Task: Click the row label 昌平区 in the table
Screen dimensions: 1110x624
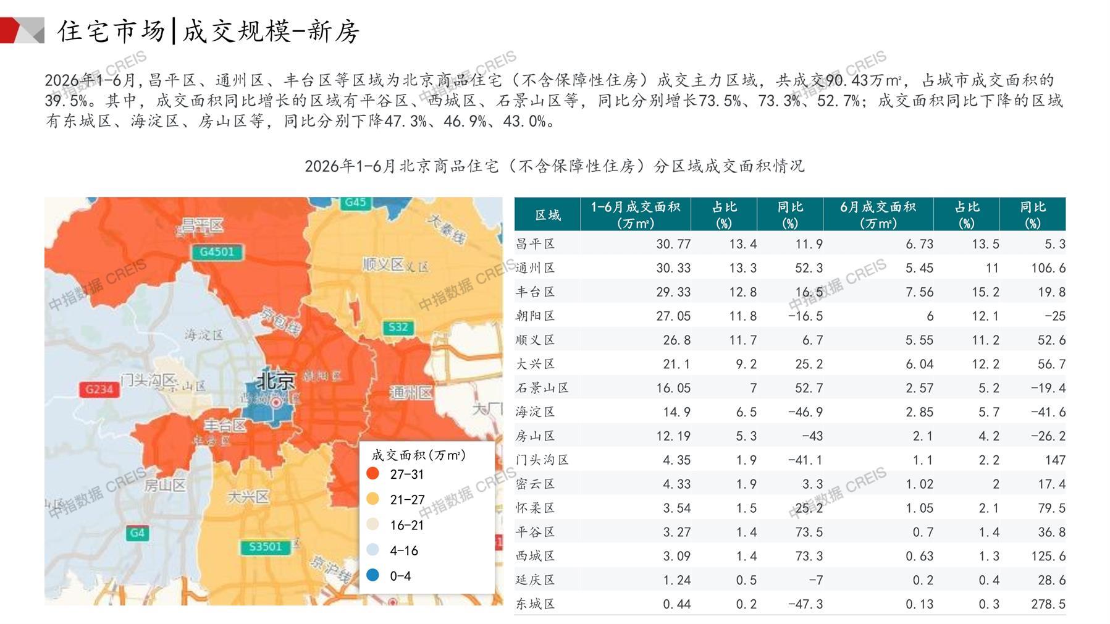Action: click(535, 244)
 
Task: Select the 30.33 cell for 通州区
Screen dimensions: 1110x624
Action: click(673, 268)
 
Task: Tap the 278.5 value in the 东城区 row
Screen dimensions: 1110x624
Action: click(1048, 604)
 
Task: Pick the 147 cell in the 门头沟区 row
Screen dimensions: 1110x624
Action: click(1055, 460)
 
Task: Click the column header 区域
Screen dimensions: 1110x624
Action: click(547, 214)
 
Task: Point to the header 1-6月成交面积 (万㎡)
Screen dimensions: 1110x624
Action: click(635, 214)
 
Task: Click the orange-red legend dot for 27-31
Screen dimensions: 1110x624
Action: click(372, 474)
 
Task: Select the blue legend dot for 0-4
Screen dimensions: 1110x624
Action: click(372, 575)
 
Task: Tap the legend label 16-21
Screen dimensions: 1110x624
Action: click(406, 525)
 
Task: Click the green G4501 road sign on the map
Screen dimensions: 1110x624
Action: click(217, 251)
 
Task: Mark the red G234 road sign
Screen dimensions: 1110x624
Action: click(99, 389)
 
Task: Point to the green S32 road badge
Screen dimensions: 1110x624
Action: click(398, 327)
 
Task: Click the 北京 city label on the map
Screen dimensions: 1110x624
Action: click(275, 380)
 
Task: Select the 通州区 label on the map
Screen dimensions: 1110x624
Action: click(411, 392)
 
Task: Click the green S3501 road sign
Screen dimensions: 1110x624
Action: click(265, 547)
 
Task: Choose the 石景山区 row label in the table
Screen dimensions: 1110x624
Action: click(542, 388)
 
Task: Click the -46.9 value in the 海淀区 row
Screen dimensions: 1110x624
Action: click(805, 412)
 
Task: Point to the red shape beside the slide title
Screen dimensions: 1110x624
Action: click(10, 30)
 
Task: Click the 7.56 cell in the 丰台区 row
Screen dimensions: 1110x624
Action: click(919, 292)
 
